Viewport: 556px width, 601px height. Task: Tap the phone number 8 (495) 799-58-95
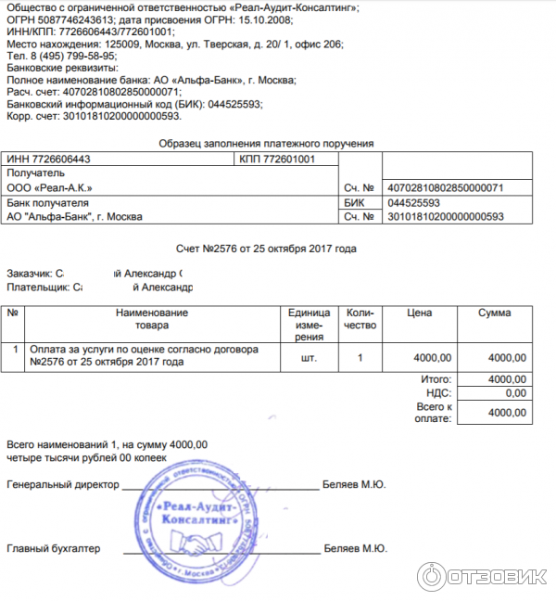click(x=71, y=56)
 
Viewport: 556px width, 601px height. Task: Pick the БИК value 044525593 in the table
click(x=414, y=203)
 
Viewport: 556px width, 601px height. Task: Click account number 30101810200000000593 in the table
click(x=445, y=217)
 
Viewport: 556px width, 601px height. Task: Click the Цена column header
click(x=420, y=313)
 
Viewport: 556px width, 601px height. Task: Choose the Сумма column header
click(x=494, y=313)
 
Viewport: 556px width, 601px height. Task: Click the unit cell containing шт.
click(x=310, y=357)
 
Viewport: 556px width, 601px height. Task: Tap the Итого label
click(x=436, y=379)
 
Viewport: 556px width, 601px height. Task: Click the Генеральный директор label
click(x=63, y=485)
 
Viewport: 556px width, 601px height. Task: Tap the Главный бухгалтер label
click(x=53, y=549)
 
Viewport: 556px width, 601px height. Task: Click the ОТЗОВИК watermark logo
click(x=482, y=575)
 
